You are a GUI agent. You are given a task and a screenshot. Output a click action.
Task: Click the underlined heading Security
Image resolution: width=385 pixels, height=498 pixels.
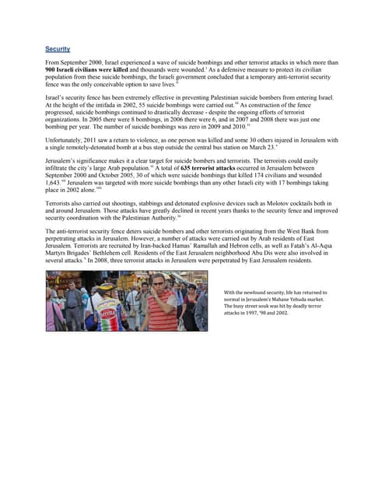click(58, 48)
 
